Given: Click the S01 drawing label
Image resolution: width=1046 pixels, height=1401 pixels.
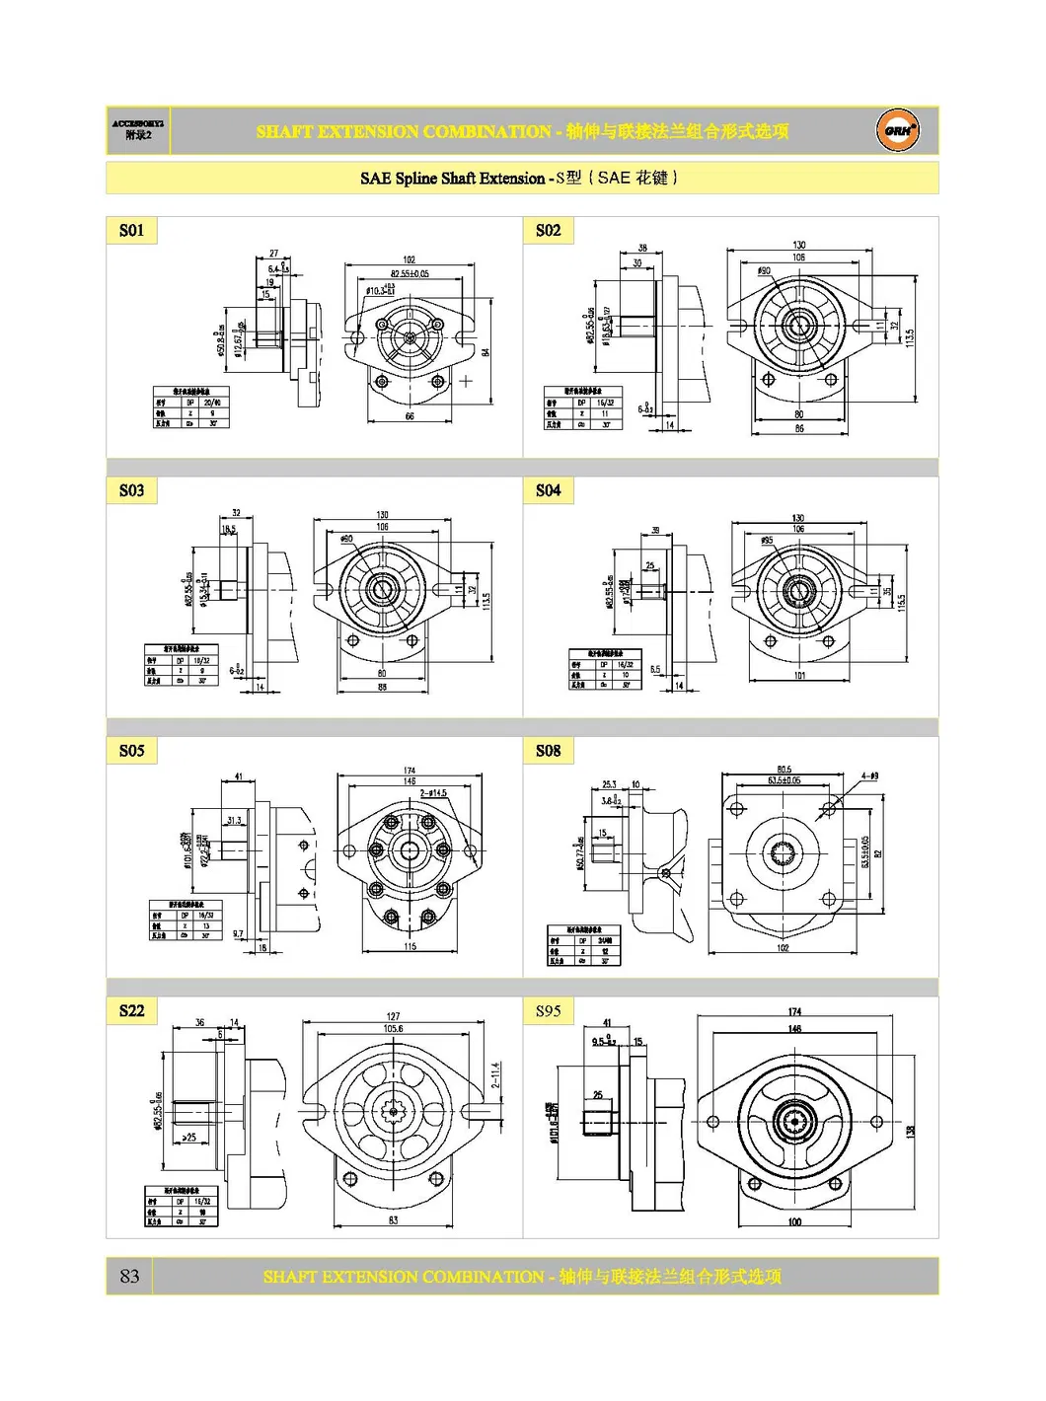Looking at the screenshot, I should click(x=131, y=231).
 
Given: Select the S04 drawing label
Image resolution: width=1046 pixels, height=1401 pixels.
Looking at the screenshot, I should click(x=548, y=490).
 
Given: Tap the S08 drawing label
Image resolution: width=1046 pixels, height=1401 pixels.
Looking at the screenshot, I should click(x=548, y=751).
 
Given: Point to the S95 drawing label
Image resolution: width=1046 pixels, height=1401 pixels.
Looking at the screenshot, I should click(x=548, y=1011).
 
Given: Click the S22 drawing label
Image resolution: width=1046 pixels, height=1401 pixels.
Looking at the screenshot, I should click(x=131, y=1011).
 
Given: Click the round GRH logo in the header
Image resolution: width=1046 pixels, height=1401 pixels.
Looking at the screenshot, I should click(x=897, y=130).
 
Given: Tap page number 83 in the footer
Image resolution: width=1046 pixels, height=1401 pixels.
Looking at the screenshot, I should click(x=129, y=1276).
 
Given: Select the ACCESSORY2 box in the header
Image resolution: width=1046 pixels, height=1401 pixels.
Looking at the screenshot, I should click(x=138, y=130).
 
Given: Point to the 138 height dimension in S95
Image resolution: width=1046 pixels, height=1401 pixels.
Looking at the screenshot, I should click(x=910, y=1131).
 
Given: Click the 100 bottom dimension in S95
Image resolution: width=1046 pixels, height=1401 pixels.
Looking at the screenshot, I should click(x=794, y=1222).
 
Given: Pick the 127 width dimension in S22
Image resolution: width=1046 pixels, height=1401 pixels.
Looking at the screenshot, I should click(x=393, y=1016).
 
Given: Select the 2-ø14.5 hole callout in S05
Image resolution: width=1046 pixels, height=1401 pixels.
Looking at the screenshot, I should click(x=433, y=793).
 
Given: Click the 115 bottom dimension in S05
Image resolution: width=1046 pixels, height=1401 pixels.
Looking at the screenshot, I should click(x=410, y=947).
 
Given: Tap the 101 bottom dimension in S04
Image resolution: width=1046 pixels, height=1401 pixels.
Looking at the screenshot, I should click(x=799, y=676).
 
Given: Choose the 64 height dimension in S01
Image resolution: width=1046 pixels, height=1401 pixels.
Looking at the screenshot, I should click(x=486, y=352).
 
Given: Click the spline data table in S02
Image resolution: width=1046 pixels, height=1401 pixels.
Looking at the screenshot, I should click(x=583, y=407).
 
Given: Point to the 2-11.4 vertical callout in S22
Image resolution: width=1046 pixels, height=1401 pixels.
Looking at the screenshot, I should click(x=495, y=1074).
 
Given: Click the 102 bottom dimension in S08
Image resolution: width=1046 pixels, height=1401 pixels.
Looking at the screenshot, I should click(x=783, y=948).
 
